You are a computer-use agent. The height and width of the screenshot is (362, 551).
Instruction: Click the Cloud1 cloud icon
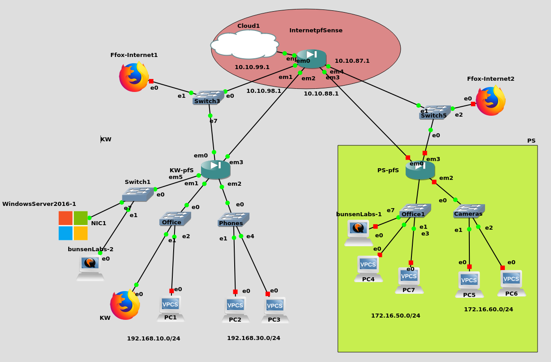[x=245, y=44]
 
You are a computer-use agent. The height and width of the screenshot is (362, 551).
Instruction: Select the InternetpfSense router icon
[x=312, y=59]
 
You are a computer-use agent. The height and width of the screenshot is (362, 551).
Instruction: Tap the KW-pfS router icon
[x=216, y=169]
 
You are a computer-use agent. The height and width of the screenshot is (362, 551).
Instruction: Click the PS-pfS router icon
[x=420, y=170]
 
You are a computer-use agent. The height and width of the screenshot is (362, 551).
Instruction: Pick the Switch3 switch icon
[x=208, y=97]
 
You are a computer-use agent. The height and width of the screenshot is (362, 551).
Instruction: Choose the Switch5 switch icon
[x=434, y=112]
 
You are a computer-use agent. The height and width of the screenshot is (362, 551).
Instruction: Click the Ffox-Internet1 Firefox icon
[x=134, y=77]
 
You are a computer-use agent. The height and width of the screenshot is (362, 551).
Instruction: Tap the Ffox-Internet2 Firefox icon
[x=490, y=101]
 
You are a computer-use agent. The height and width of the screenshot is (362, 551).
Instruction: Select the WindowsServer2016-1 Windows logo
[x=73, y=226]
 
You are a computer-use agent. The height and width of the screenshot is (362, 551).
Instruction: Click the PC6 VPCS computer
[x=512, y=283]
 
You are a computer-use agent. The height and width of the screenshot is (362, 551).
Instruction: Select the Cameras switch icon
[x=468, y=211]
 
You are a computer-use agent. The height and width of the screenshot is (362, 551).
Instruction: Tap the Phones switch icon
[x=233, y=219]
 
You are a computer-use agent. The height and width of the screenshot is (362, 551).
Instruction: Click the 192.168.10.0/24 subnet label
[x=153, y=339]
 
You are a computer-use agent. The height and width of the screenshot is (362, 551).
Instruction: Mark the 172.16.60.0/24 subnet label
[x=488, y=310]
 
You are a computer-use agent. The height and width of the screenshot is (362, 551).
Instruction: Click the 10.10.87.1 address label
[x=352, y=61]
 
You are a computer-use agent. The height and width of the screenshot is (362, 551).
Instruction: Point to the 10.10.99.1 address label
[x=252, y=67]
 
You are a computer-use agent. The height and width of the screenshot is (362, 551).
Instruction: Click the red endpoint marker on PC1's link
[x=171, y=291]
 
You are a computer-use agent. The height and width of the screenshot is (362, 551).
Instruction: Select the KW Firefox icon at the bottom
[x=125, y=305]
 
